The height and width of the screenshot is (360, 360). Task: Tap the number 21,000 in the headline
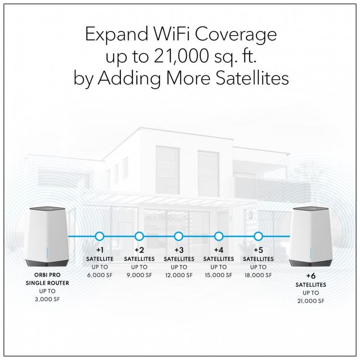click(181, 56)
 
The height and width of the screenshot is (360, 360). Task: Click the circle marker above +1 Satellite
click(99, 236)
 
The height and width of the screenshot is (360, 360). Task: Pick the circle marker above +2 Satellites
click(139, 236)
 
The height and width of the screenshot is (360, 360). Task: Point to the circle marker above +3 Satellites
click(179, 236)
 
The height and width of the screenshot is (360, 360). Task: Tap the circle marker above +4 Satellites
click(218, 236)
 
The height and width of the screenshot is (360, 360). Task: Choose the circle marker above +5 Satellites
click(258, 236)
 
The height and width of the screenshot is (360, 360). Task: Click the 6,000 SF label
click(100, 275)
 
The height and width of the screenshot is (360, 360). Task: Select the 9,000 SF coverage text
click(139, 275)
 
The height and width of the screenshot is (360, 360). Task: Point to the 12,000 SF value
click(179, 275)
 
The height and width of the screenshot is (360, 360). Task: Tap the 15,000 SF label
click(218, 275)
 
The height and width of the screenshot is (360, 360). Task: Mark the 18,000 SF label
click(258, 275)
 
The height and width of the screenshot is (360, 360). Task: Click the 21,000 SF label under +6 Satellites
click(311, 301)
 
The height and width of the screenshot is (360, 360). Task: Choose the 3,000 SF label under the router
click(48, 299)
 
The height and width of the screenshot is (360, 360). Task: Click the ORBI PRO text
click(48, 275)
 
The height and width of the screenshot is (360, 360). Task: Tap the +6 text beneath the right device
click(311, 276)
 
